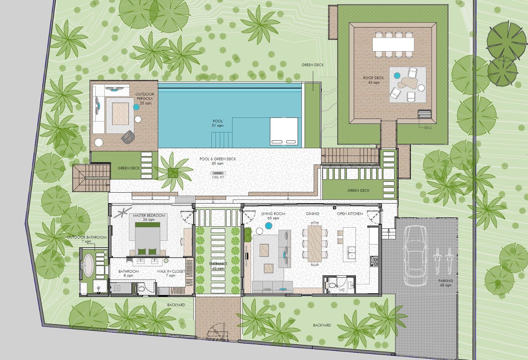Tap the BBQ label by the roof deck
point(428,128)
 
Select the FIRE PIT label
point(218,178)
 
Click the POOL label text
point(218,121)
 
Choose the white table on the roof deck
point(393,45)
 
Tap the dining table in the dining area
point(314,243)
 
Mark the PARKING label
point(445,281)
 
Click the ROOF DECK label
point(373,78)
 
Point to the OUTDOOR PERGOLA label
point(144,96)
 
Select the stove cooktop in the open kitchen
point(374,261)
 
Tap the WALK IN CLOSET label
point(171,271)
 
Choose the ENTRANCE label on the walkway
point(218,264)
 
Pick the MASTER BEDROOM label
point(149,215)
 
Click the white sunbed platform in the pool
point(284,131)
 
